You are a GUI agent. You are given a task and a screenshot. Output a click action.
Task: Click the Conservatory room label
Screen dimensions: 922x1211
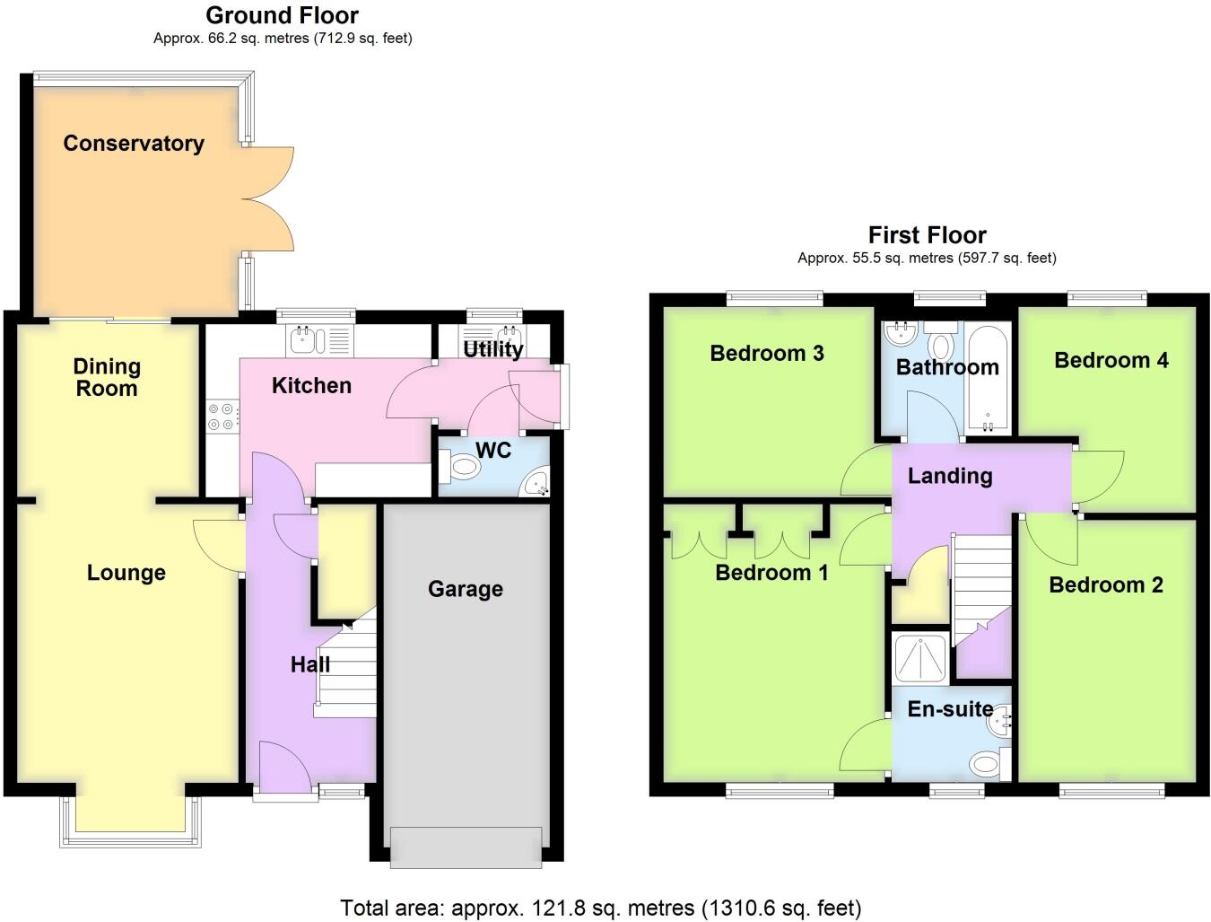pyautogui.click(x=134, y=144)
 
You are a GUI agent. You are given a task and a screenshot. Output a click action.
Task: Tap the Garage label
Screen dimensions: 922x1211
pyautogui.click(x=465, y=589)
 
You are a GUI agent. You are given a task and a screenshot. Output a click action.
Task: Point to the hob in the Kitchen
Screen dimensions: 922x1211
pyautogui.click(x=222, y=417)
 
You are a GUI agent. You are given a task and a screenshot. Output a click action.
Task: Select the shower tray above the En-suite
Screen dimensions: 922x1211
pyautogui.click(x=921, y=660)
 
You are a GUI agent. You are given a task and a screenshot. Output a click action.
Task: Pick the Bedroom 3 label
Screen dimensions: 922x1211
pyautogui.click(x=766, y=354)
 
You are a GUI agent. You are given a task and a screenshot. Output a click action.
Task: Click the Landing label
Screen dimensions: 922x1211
pyautogui.click(x=950, y=476)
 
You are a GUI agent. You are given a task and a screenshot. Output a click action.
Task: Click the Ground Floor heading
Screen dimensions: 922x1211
pyautogui.click(x=282, y=15)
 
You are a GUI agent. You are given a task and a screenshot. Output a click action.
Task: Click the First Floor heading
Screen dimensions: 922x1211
pyautogui.click(x=927, y=235)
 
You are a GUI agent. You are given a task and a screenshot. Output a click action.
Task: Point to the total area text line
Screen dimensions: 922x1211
pyautogui.click(x=600, y=908)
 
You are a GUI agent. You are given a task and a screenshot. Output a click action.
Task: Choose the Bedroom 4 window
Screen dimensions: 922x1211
pyautogui.click(x=1106, y=298)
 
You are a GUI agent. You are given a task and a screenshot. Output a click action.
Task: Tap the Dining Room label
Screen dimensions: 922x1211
pyautogui.click(x=107, y=377)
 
